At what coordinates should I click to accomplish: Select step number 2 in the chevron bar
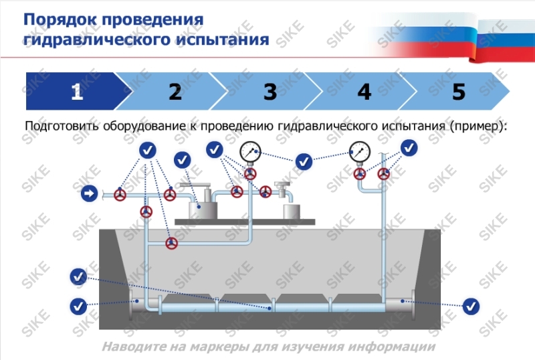pos(175,92)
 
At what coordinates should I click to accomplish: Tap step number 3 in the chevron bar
pos(270,92)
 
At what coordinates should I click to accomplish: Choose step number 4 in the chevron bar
pos(364,92)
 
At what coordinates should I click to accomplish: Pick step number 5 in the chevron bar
pos(459,92)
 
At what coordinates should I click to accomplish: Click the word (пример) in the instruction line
pos(477,126)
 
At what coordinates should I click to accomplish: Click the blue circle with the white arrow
pos(89,194)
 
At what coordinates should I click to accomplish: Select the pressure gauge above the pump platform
pos(251,152)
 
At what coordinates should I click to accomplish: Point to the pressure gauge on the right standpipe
pos(360,153)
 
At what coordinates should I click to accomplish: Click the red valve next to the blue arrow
pos(120,195)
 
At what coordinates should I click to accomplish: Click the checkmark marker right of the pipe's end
pos(472,306)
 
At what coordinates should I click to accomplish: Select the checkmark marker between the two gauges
pos(304,161)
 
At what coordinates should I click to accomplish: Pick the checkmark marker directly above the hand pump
pos(182,161)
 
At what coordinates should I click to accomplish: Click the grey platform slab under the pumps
pos(244,220)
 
